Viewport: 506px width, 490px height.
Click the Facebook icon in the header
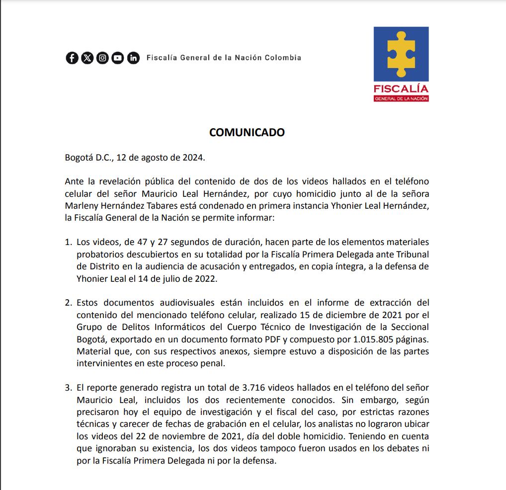coord(72,58)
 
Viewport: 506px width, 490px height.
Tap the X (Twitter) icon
coord(87,58)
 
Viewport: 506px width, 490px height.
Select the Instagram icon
coord(102,58)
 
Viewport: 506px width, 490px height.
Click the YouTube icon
coord(118,58)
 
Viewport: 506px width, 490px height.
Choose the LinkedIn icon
coord(133,58)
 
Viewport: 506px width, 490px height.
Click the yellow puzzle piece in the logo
coord(401,55)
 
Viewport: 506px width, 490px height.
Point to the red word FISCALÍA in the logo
coord(401,89)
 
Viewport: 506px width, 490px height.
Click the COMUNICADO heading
coord(247,132)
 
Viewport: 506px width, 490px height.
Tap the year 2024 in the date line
coord(192,158)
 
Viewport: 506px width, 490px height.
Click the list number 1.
coord(68,243)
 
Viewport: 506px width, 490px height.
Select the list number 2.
coord(68,303)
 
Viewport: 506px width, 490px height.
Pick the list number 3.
coord(68,388)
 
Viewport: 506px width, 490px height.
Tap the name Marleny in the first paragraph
coord(82,206)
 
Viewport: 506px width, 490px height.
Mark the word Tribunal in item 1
coord(412,254)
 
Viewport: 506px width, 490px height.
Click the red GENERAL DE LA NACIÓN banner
coord(401,98)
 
